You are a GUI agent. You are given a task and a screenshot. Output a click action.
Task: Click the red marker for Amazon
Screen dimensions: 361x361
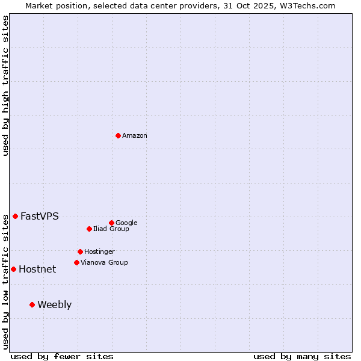[118, 135]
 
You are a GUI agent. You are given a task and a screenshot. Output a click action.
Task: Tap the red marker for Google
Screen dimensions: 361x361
[111, 223]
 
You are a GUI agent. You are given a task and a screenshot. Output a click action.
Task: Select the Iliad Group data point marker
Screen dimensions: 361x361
[89, 229]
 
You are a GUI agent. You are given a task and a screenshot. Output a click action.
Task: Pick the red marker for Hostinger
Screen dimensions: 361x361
[80, 251]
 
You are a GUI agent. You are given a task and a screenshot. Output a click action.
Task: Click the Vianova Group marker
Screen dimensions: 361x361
[76, 262]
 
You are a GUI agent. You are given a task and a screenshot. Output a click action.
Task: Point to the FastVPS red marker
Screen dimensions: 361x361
[15, 216]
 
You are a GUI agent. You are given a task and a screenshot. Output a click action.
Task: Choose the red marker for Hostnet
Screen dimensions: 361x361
[13, 269]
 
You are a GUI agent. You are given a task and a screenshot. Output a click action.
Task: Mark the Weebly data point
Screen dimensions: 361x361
[32, 304]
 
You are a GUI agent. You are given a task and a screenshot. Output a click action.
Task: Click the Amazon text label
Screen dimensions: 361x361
[135, 136]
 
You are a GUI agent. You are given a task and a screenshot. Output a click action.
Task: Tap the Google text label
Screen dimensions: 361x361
[126, 223]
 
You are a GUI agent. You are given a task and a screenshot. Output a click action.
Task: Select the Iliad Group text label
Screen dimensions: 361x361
[111, 229]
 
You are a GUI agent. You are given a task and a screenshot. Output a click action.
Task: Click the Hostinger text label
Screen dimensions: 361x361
[99, 252]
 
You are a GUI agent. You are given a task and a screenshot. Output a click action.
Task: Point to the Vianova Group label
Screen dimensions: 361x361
[104, 263]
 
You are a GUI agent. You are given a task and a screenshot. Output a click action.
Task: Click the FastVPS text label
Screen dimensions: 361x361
[40, 217]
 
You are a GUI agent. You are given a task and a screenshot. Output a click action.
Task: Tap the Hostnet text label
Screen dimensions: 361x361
[37, 270]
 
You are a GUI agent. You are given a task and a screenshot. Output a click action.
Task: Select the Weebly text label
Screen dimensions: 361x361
[54, 305]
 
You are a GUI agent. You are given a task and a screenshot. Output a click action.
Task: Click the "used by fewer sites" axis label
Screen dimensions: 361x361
[62, 356]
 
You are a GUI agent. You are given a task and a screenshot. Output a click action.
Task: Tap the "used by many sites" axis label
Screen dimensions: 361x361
[302, 356]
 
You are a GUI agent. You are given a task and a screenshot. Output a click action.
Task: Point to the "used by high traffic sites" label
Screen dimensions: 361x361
[5, 86]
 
